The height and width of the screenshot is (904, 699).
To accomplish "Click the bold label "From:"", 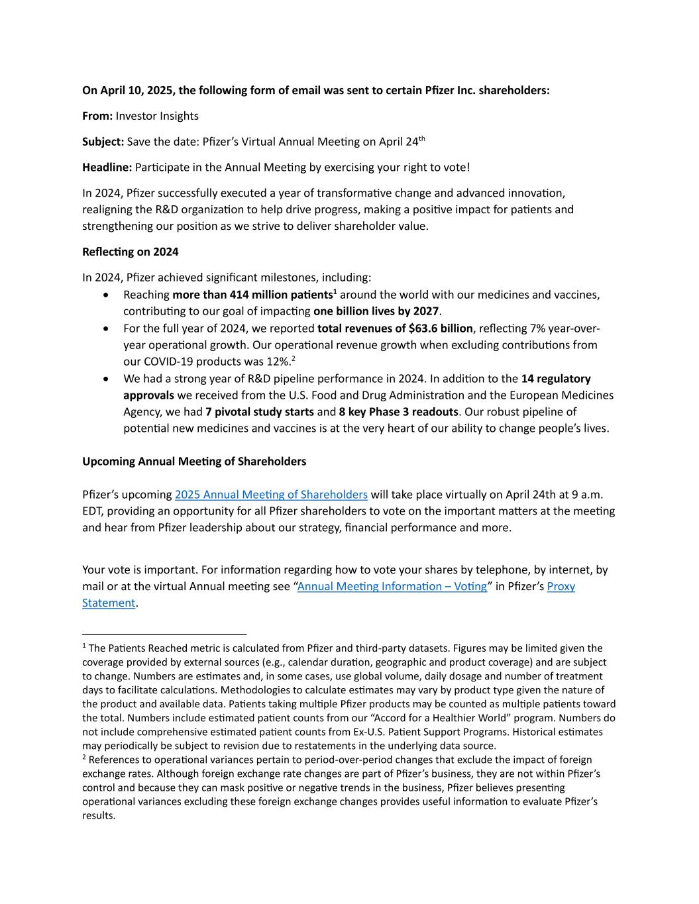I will click(x=97, y=116).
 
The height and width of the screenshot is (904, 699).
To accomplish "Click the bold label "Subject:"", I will click(x=103, y=142).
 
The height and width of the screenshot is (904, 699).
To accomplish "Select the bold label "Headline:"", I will click(x=107, y=167).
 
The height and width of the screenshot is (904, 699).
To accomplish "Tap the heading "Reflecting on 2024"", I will click(x=130, y=252).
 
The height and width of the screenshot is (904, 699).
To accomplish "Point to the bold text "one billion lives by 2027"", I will click(x=376, y=311).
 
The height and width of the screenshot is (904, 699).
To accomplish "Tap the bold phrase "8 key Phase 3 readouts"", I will click(x=398, y=412).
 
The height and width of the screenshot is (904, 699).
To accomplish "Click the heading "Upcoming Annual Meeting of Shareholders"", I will click(x=194, y=461).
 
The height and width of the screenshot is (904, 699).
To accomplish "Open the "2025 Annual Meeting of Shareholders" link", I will click(x=271, y=495).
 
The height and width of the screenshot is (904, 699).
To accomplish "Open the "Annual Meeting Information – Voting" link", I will click(x=392, y=586).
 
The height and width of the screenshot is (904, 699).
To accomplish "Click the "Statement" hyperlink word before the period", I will click(x=109, y=603).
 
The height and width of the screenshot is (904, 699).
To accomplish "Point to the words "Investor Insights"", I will click(x=157, y=116).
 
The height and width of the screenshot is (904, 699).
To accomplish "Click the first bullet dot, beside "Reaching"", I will click(x=107, y=295).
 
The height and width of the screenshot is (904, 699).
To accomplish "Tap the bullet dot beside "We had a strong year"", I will click(x=107, y=379).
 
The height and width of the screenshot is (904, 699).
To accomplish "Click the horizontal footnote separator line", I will click(x=164, y=634).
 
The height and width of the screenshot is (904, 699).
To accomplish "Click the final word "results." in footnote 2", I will click(x=99, y=815).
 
